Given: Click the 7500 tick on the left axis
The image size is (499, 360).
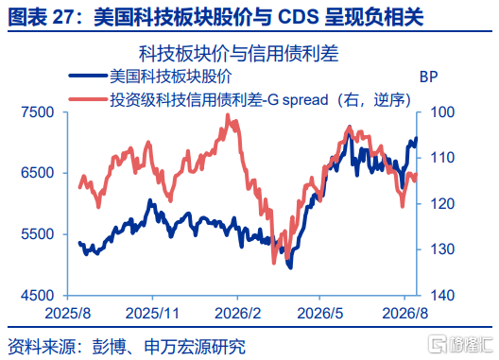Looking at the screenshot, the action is tap(38, 112).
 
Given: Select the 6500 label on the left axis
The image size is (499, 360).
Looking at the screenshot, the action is tap(38, 173).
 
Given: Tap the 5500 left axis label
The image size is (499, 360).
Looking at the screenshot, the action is tap(38, 234).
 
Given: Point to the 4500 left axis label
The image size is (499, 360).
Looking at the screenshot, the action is tap(38, 296).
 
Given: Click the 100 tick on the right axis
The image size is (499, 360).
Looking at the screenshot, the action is tap(442, 112).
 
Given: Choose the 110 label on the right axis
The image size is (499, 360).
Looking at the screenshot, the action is tap(442, 158).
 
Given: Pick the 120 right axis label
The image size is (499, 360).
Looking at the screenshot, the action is tap(442, 204).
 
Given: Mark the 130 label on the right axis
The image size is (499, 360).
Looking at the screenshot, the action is tap(442, 249).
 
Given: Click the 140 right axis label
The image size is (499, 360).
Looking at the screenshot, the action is tap(442, 296).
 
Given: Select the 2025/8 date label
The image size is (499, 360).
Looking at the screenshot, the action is tap(68, 314).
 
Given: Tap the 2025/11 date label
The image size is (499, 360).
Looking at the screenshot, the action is tap(152, 314).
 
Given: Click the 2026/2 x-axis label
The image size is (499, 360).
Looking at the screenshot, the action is tap(238, 314).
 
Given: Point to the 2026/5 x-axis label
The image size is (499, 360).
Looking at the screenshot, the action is tap(319, 314).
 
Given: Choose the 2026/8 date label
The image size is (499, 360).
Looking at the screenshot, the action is tap(405, 314).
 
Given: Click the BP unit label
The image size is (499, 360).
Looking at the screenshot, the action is tap(429, 77).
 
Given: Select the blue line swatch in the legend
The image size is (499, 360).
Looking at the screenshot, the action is tap(88, 76).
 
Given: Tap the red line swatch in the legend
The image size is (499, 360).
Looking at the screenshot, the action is tap(88, 99).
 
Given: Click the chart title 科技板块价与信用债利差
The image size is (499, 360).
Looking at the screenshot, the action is tap(239, 54).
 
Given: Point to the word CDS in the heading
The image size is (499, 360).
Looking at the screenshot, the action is tap(299, 17).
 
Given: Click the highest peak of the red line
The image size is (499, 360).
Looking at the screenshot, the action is tap(228, 115).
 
